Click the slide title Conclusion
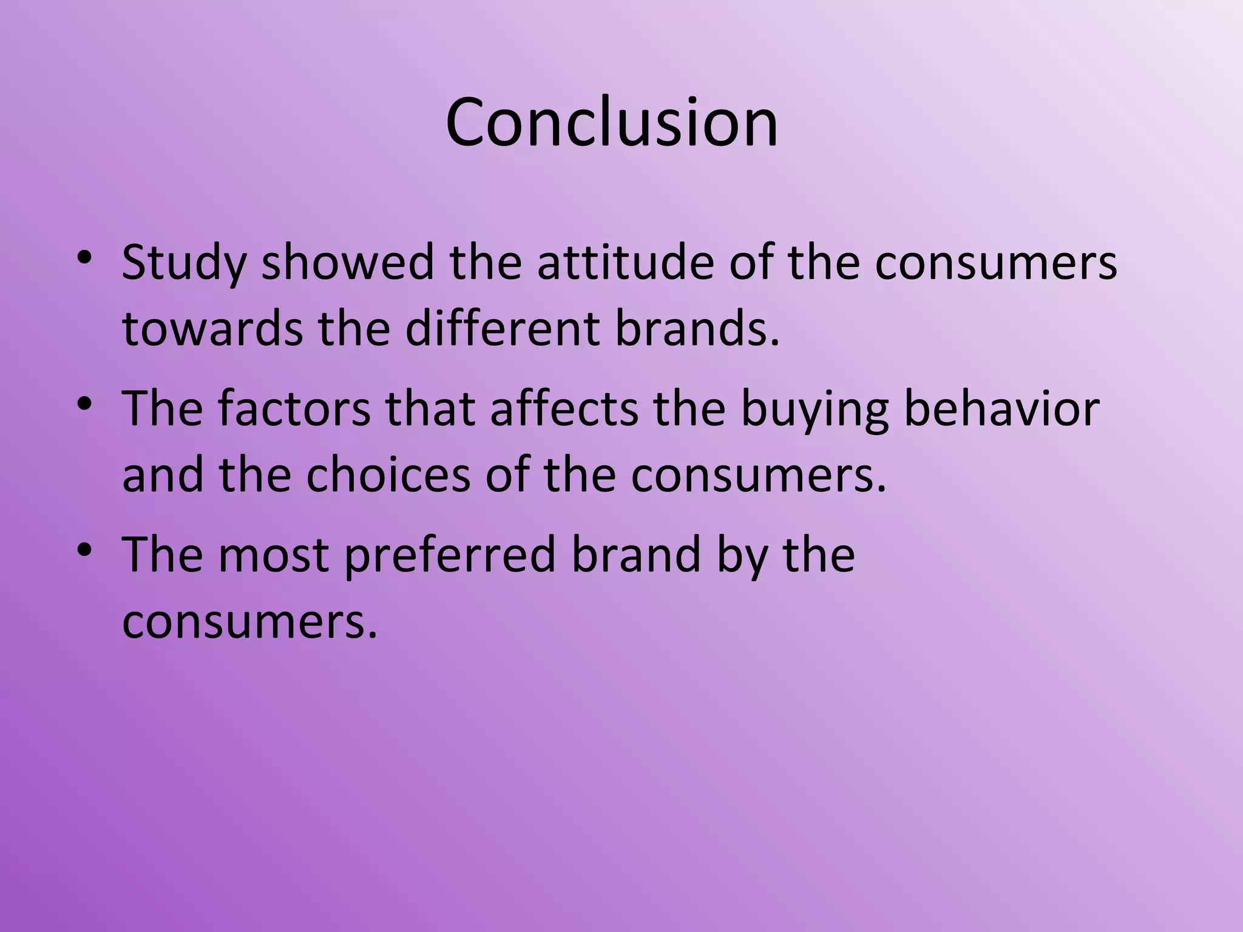(x=612, y=123)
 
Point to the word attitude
(x=626, y=262)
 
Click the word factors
(x=294, y=408)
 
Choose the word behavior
(x=1002, y=408)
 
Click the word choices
(x=388, y=474)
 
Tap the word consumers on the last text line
(x=249, y=621)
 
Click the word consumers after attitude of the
(x=995, y=263)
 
